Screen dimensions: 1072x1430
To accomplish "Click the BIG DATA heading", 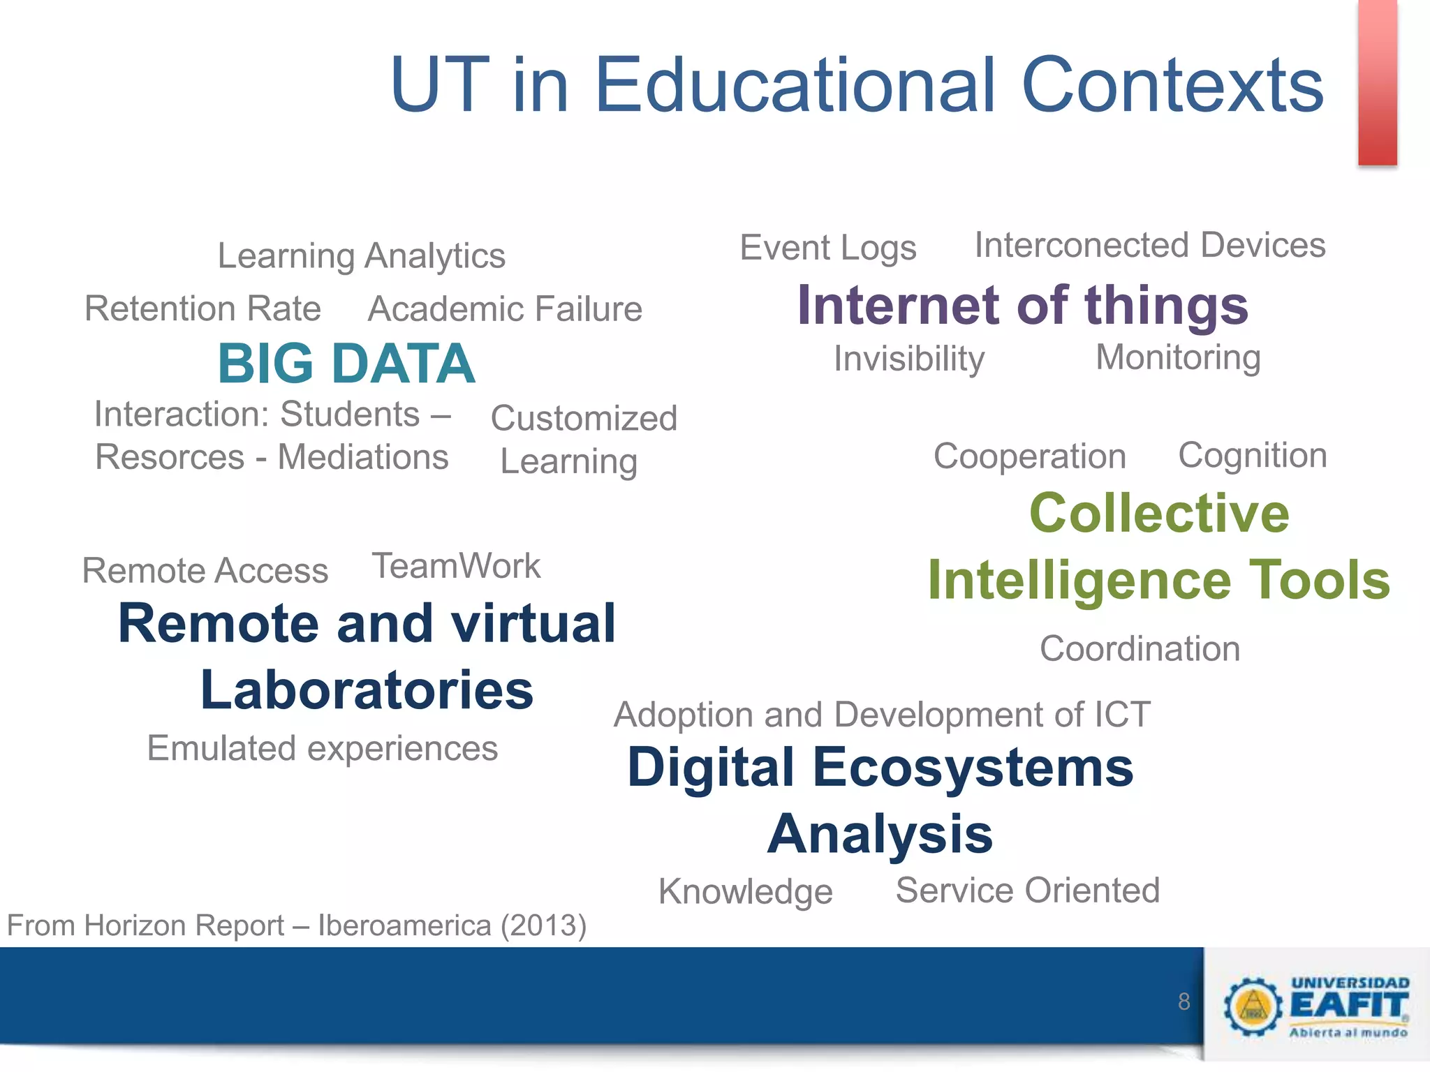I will point(346,364).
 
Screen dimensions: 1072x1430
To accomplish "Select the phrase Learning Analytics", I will point(361,255).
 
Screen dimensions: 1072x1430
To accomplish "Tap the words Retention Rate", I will point(202,308).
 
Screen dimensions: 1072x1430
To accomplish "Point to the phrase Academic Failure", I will point(505,308).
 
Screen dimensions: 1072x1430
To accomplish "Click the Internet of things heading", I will point(1022,305).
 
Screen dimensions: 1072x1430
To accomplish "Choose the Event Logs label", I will point(828,248).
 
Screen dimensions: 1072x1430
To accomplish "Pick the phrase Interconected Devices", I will point(1149,245).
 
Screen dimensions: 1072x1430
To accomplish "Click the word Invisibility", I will point(909,359).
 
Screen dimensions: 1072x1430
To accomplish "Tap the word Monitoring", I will point(1178,357).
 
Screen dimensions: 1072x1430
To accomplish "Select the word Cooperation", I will point(1030,456).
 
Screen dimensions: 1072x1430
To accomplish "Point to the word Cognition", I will point(1253,455).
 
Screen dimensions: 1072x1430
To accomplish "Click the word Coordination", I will point(1140,648).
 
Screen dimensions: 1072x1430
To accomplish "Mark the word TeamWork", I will point(456,565).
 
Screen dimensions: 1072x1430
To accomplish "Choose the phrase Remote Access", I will point(205,570).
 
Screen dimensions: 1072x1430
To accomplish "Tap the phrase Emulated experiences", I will point(323,748).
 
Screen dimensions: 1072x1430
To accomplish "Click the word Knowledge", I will point(745,891).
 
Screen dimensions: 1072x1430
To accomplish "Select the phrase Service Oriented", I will point(1027,890).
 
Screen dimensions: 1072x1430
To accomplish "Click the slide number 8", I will point(1184,1002).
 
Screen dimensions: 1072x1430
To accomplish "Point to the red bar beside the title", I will point(1377,82).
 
